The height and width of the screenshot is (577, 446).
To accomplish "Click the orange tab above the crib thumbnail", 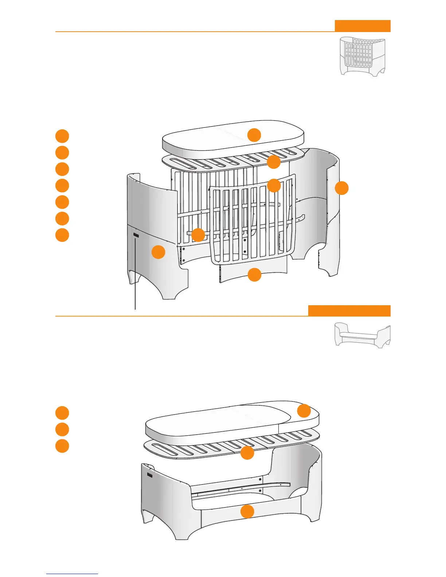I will click(x=363, y=26).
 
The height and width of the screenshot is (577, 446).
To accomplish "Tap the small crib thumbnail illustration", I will click(x=362, y=56).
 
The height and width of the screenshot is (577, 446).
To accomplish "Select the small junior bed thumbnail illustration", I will click(x=362, y=335).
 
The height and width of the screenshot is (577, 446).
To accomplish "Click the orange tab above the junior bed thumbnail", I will click(x=349, y=311).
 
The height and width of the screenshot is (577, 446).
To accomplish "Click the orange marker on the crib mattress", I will click(x=254, y=135).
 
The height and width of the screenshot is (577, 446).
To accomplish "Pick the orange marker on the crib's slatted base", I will click(x=274, y=162).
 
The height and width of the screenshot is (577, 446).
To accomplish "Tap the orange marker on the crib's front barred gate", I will click(x=274, y=186).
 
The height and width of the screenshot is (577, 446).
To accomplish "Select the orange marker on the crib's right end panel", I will click(x=342, y=188).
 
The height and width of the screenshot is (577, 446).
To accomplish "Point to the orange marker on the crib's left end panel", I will click(x=158, y=252).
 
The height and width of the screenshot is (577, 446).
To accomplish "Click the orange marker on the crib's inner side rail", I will click(x=198, y=235).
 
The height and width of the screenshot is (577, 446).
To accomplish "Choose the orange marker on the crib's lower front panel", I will click(x=254, y=275).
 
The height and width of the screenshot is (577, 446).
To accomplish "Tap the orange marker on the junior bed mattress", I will click(x=304, y=411).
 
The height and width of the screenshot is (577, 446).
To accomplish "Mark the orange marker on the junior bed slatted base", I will click(x=247, y=453).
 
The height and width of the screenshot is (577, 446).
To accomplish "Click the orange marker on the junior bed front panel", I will click(x=247, y=511).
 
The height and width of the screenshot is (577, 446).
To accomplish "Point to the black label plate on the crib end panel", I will click(x=136, y=236).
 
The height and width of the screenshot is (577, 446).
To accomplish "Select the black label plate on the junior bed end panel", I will click(x=150, y=474).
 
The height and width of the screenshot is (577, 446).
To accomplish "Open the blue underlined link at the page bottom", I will click(x=72, y=574).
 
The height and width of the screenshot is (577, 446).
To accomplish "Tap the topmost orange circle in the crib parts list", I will click(x=62, y=136).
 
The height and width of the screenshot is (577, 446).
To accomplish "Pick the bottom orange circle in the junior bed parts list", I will click(x=62, y=446).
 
